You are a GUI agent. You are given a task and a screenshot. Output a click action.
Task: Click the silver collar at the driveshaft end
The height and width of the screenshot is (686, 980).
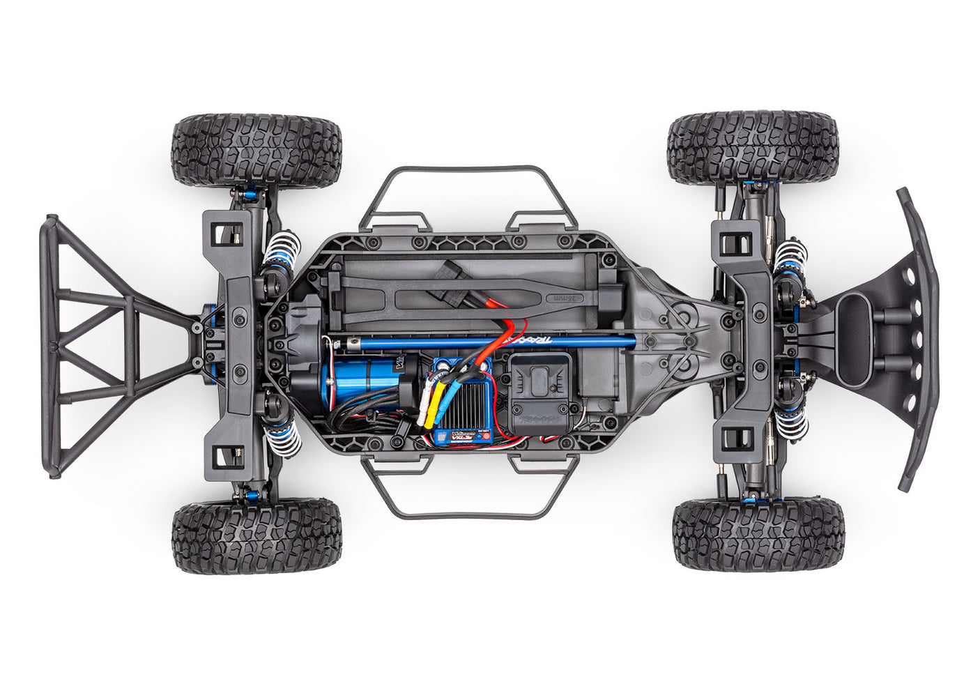tap(328, 342)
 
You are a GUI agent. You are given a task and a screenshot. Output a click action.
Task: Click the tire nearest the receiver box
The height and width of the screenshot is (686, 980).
tap(758, 533)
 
